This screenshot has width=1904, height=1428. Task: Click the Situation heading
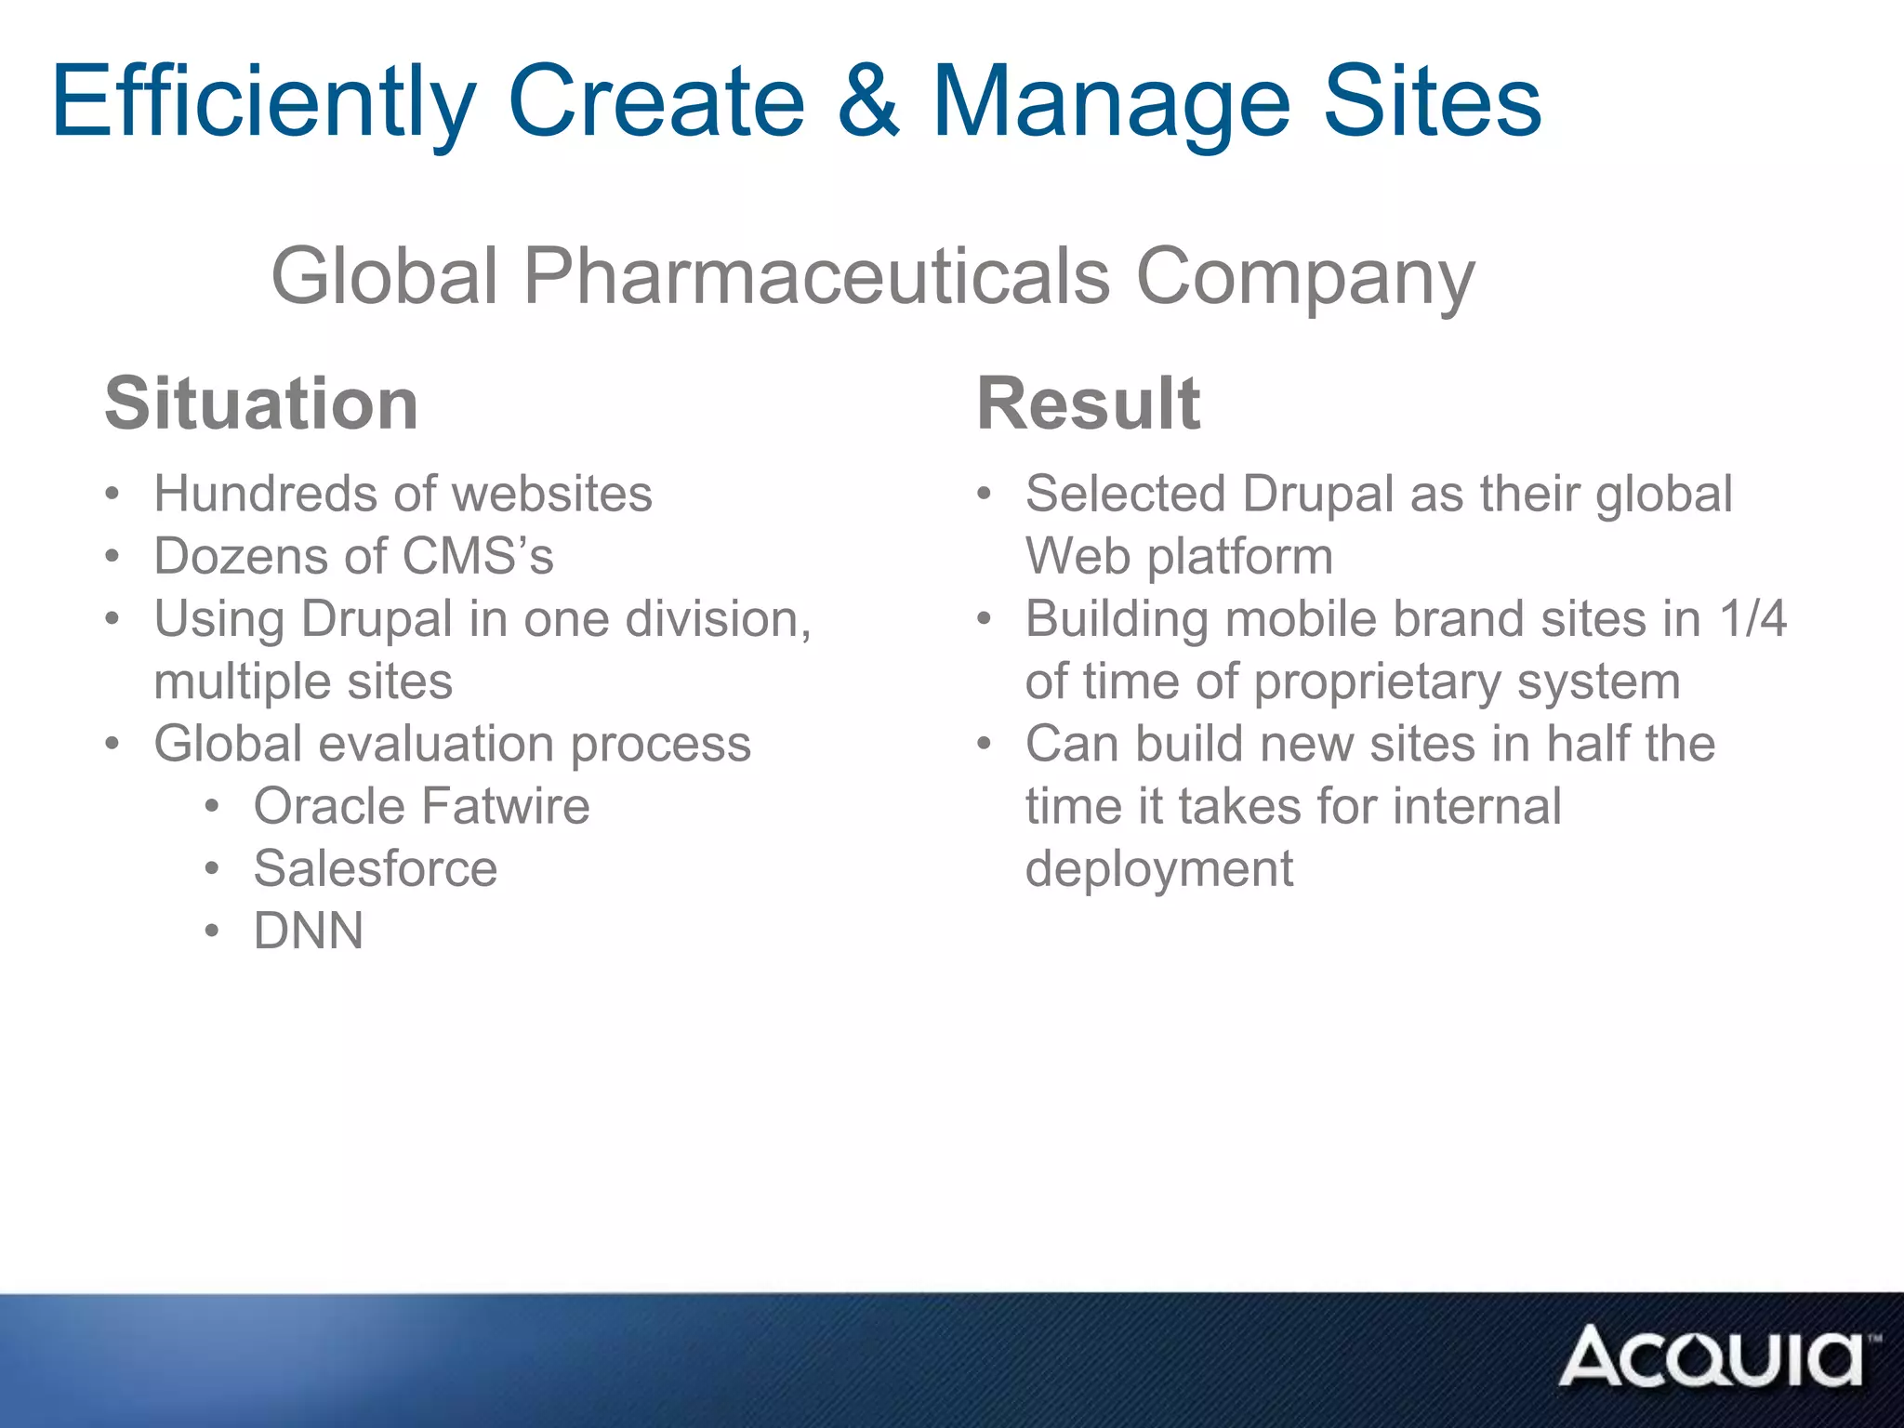[261, 403]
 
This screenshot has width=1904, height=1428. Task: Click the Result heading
[1088, 403]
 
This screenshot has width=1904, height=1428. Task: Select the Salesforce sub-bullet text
[376, 868]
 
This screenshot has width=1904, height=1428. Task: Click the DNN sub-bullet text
[309, 931]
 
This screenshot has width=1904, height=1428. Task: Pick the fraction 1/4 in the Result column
[1752, 618]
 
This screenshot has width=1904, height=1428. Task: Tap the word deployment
[1158, 868]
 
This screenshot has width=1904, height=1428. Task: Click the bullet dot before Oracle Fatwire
[213, 807]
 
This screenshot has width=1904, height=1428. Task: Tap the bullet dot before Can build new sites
[985, 745]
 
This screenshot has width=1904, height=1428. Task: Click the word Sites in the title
[1432, 101]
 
